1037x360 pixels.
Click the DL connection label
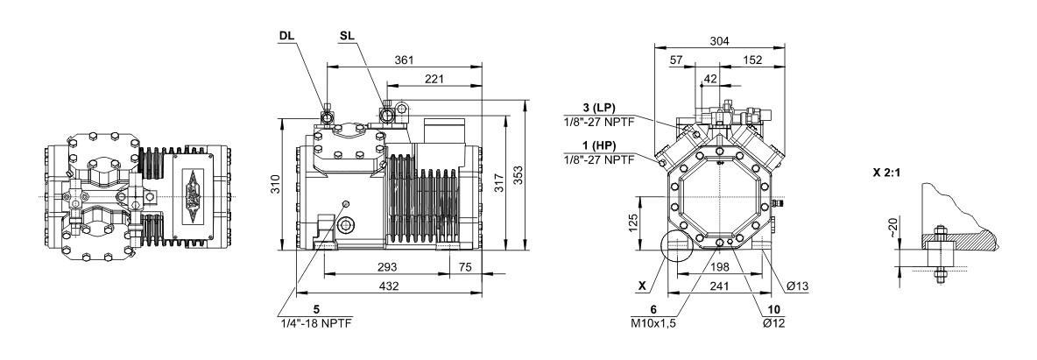pyautogui.click(x=286, y=37)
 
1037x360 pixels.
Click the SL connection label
pyautogui.click(x=347, y=37)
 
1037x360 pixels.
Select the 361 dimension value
pyautogui.click(x=405, y=59)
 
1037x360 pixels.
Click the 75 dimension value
pyautogui.click(x=466, y=267)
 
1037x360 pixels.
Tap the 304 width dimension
pyautogui.click(x=722, y=40)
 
